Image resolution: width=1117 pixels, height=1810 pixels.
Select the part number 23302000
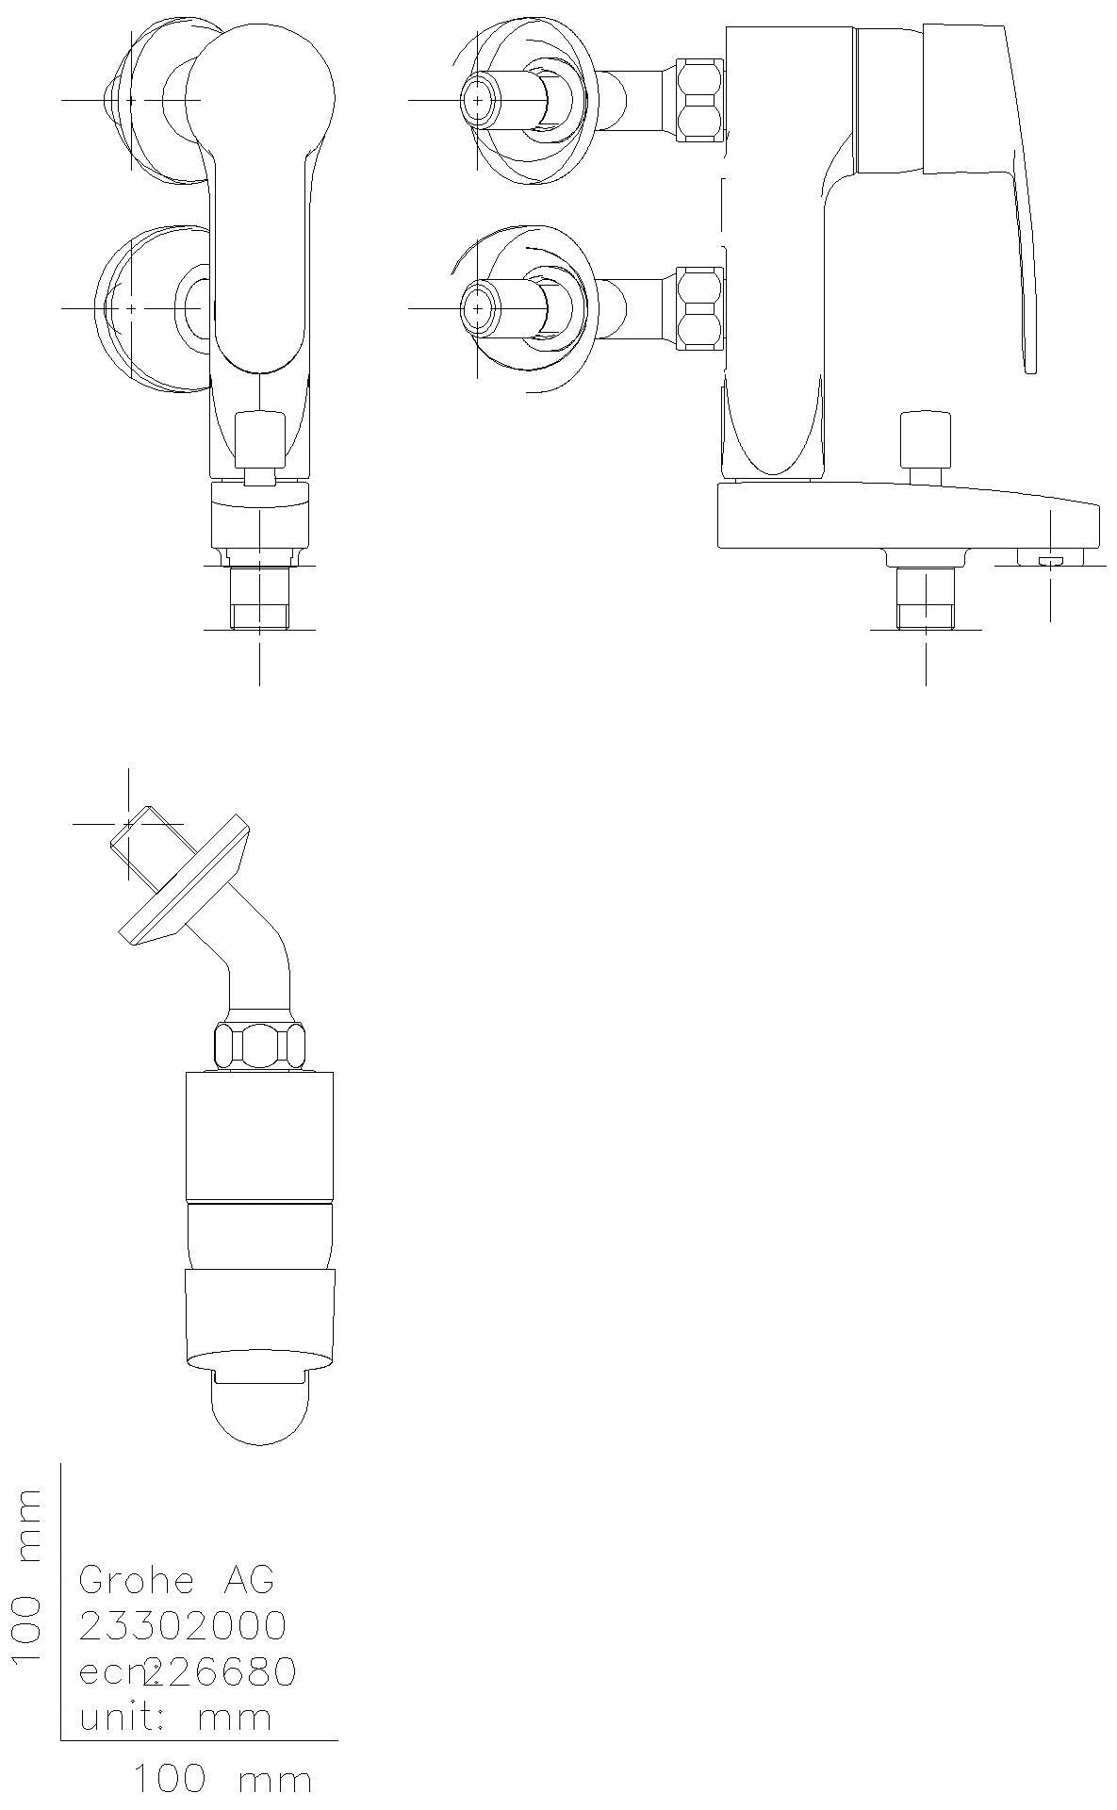tap(183, 1625)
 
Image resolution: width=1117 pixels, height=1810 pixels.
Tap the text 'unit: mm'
tap(175, 1718)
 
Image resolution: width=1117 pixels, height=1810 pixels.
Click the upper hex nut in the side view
tap(700, 99)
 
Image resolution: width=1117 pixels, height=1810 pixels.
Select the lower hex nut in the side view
tap(700, 307)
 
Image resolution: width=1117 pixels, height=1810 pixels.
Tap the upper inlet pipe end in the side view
tap(479, 99)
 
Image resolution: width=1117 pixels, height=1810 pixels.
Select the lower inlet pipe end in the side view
tap(479, 308)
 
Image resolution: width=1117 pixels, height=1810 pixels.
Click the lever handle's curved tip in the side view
tap(1029, 349)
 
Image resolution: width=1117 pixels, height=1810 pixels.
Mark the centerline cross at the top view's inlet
tap(128, 824)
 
